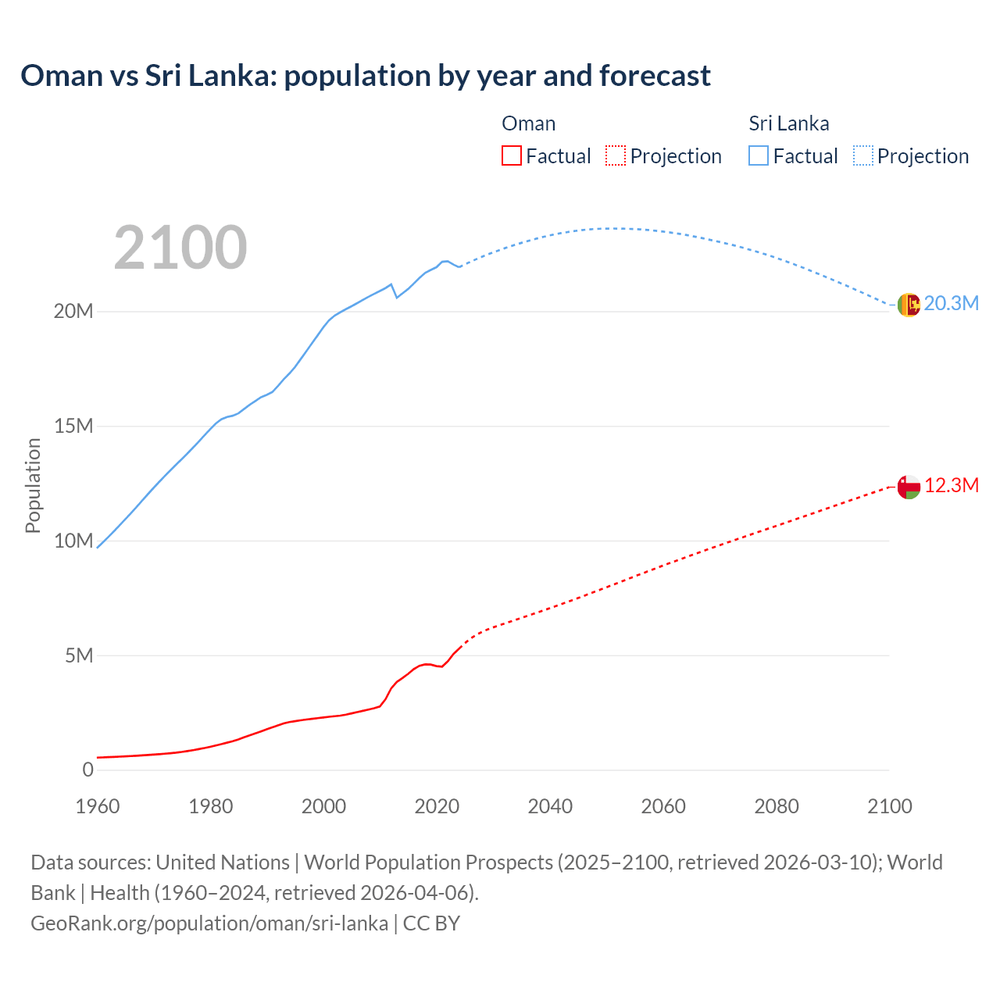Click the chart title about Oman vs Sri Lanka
366,76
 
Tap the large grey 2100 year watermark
180,248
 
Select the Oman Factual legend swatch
512,155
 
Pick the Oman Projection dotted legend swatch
616,155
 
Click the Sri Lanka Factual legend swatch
759,155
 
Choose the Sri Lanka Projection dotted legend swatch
862,155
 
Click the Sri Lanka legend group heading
788,123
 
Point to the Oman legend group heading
528,123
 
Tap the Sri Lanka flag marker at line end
909,305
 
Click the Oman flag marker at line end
909,487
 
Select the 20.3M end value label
951,303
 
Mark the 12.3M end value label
951,485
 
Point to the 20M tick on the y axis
73,311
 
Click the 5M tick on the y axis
79,655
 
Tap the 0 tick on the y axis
87,770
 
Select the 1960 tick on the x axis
98,806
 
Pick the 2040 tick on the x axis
550,806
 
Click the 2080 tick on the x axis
777,806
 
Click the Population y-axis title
33,485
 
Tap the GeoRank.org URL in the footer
209,923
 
